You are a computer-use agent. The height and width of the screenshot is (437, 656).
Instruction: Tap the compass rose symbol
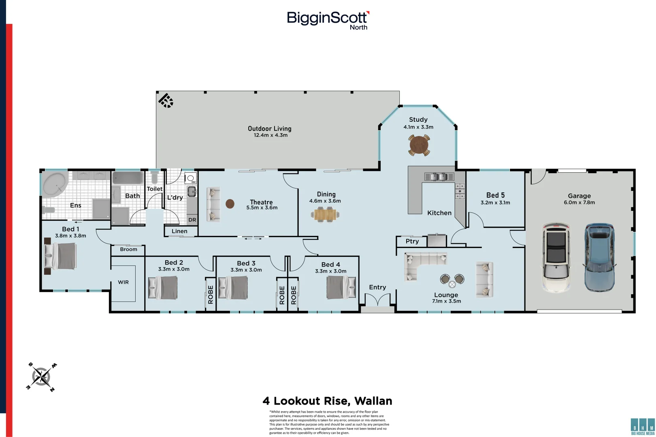(41, 377)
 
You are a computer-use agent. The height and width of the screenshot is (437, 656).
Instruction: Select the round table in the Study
(419, 145)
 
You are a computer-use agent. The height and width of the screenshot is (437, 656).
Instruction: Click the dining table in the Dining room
(325, 214)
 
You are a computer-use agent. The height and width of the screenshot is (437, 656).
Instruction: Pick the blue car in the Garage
(599, 258)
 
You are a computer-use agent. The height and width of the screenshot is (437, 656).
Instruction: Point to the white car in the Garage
(556, 258)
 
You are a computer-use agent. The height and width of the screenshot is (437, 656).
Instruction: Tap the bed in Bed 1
(60, 256)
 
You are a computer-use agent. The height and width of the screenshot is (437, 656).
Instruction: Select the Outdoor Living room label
(270, 129)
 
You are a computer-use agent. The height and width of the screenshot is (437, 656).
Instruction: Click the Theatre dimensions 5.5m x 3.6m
(262, 208)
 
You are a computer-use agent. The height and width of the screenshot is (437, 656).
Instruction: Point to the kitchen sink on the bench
(439, 176)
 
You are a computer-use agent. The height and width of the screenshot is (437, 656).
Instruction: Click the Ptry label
(412, 242)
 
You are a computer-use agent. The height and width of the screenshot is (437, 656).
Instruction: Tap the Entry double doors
(377, 300)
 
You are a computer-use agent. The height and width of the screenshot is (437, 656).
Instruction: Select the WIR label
(123, 282)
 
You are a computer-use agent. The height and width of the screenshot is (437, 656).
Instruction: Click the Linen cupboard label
(179, 231)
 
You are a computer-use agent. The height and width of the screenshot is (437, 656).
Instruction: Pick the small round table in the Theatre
(230, 204)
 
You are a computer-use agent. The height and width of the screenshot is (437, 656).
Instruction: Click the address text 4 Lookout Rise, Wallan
(328, 401)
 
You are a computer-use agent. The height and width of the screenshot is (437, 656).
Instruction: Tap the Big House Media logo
(643, 427)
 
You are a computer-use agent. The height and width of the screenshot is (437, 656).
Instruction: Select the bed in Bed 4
(341, 287)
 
